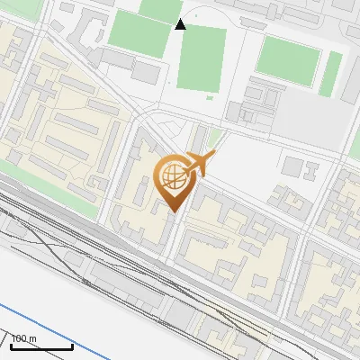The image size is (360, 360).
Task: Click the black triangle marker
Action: [180, 24]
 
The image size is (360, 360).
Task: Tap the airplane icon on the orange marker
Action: [201, 163]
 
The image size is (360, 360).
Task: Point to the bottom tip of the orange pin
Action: [173, 211]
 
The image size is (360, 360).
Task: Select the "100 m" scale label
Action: [23, 338]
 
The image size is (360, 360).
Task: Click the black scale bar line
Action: [41, 346]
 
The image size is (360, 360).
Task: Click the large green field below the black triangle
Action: [202, 58]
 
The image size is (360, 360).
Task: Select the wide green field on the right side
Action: [287, 60]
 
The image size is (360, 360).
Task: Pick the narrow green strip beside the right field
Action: [333, 72]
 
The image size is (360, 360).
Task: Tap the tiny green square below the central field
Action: [210, 97]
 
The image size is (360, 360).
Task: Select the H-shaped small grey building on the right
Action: [311, 168]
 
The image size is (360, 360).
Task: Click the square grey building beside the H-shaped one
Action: [291, 166]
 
